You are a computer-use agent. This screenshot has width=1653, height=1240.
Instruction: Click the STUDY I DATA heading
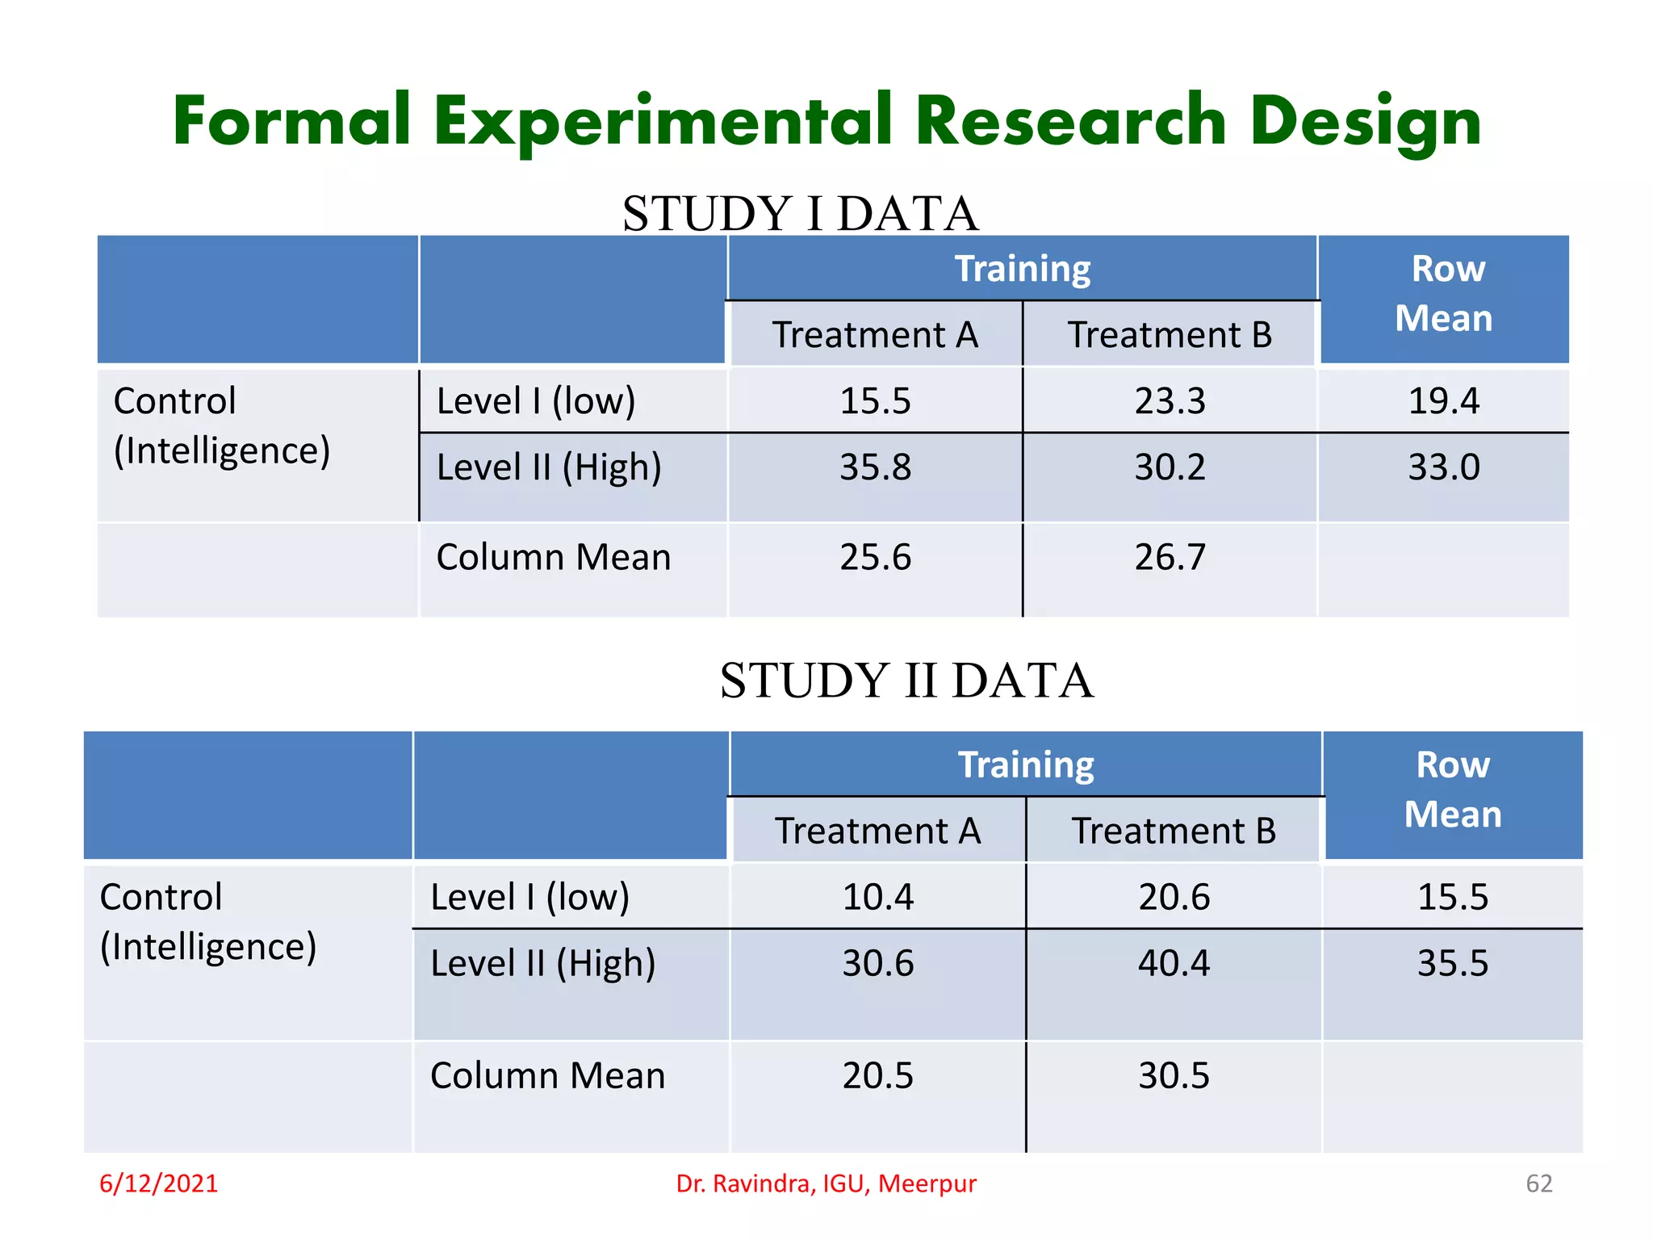(800, 214)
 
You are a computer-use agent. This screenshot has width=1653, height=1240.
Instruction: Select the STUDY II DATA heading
(906, 681)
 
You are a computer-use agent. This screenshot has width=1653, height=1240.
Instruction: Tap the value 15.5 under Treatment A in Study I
(875, 401)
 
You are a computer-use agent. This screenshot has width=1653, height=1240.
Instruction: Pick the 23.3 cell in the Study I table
(1170, 401)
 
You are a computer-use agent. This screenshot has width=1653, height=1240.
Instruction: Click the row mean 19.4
(1443, 401)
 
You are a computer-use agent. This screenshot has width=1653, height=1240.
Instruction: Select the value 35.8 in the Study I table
(875, 467)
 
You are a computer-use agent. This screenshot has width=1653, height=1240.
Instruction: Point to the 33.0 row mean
(1443, 467)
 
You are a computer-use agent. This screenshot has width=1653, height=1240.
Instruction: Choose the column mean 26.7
(1170, 558)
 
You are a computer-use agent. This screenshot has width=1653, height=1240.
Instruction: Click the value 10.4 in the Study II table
(877, 898)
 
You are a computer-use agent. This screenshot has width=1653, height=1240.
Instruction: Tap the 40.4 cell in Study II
(1174, 964)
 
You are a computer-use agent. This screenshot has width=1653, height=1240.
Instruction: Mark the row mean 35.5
(1452, 964)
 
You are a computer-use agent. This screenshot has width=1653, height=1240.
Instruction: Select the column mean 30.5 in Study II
(1174, 1076)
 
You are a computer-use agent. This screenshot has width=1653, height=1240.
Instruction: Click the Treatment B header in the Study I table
(1170, 335)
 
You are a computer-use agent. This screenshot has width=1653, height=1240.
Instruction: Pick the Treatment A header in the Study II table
(877, 832)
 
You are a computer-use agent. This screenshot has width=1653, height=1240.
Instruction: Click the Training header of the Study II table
(1025, 765)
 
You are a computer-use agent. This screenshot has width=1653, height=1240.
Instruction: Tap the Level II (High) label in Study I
(549, 468)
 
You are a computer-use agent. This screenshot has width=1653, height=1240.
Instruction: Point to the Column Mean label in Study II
(547, 1076)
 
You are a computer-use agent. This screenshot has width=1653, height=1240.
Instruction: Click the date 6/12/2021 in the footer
(159, 1183)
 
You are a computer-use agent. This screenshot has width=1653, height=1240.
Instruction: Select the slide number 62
(1538, 1183)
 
